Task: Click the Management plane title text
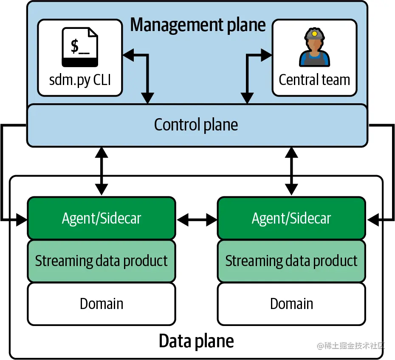(197, 25)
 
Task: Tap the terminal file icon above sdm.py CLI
(80, 47)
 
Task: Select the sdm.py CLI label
(80, 80)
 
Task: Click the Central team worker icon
(314, 48)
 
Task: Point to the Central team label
(314, 80)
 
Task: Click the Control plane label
(196, 125)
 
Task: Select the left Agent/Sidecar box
(102, 218)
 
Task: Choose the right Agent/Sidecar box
(291, 218)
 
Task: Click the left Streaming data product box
(102, 261)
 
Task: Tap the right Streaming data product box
(291, 261)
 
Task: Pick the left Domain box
(102, 304)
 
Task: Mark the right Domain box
(291, 304)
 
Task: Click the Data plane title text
(196, 341)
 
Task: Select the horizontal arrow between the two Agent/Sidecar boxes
(196, 220)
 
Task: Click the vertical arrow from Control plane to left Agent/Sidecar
(101, 171)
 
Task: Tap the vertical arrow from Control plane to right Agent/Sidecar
(291, 171)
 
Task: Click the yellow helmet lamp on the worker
(314, 32)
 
